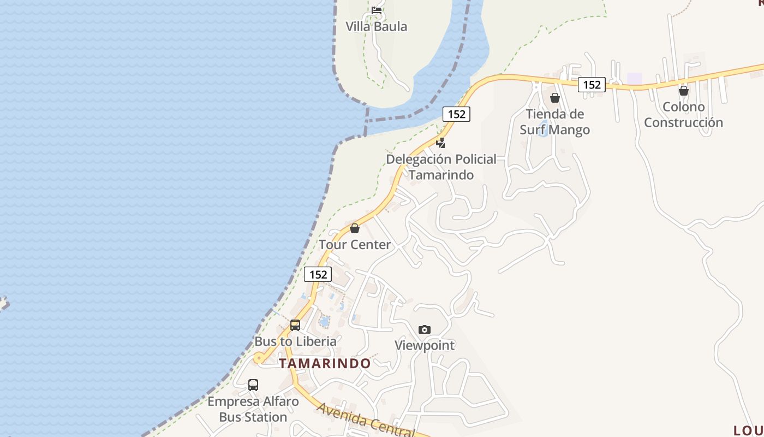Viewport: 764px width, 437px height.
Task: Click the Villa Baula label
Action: (x=376, y=26)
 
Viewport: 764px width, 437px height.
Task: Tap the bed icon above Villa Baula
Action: (x=377, y=9)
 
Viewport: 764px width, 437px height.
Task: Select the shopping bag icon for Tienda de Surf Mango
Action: (x=555, y=98)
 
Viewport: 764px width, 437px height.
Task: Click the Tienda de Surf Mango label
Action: (x=554, y=122)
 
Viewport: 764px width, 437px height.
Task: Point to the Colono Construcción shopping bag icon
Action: (x=683, y=91)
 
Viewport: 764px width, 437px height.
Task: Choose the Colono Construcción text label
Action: (x=683, y=115)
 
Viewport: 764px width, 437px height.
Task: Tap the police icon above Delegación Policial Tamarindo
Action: (x=440, y=143)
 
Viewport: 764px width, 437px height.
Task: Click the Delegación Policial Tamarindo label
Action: (x=441, y=167)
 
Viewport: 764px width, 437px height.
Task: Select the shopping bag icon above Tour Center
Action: (x=355, y=228)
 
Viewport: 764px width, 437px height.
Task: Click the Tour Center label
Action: (x=355, y=245)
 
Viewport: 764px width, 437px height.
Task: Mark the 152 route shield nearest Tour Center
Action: (x=318, y=274)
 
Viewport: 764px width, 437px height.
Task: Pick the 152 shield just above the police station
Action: (x=456, y=114)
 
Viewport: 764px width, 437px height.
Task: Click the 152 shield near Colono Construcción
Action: (x=592, y=85)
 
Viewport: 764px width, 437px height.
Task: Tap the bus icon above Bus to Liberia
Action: (x=295, y=325)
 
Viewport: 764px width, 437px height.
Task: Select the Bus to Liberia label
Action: (x=295, y=341)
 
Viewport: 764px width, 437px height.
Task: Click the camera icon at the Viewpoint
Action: (x=425, y=329)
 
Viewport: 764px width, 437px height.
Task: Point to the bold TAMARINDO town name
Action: (x=325, y=363)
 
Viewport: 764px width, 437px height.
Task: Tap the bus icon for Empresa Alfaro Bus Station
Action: (x=253, y=385)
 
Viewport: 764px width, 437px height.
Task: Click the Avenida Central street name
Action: (x=366, y=420)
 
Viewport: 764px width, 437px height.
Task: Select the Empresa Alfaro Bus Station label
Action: (x=253, y=409)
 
